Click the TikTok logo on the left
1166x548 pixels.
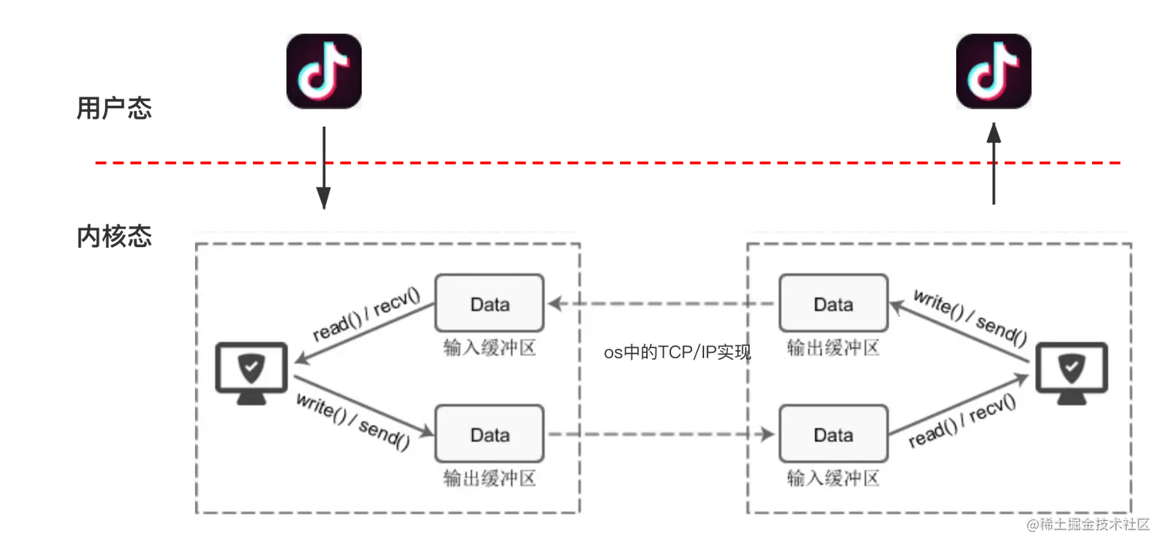pos(324,71)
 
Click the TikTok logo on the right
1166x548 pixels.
pos(992,71)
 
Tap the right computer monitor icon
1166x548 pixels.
pos(1072,373)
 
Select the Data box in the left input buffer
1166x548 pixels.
pos(490,304)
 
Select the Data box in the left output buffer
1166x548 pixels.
pos(490,435)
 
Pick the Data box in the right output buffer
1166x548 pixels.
pos(834,304)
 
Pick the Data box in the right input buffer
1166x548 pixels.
pos(834,435)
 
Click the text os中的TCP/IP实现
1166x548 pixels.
pos(677,353)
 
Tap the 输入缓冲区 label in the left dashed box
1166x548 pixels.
pos(490,348)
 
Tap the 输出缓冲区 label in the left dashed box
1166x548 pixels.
pos(490,479)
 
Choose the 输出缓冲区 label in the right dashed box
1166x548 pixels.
pos(834,348)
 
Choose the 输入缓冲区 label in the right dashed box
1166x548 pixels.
pos(834,479)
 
